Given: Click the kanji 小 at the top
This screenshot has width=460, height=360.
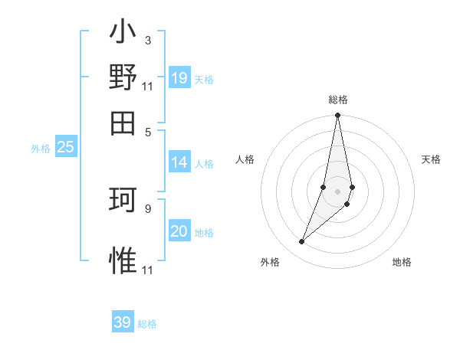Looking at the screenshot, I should coord(123,33).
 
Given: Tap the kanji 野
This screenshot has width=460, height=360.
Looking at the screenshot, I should coord(123,77).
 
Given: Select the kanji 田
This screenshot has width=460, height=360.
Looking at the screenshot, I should coord(123,123).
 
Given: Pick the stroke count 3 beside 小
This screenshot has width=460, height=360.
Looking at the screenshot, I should coord(147,40).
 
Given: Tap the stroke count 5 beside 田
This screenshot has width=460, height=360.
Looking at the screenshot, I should coord(148,130).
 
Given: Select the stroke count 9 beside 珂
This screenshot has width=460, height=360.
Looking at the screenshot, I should coord(147,208).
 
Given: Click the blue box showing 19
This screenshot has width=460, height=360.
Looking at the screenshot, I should coord(179,77).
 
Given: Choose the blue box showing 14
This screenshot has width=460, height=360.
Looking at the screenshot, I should coord(179,162).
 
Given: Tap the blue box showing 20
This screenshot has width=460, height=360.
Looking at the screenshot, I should coord(179,231).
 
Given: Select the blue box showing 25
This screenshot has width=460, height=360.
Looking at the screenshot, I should coord(65,147).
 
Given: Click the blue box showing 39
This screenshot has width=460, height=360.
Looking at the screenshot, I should coord(123,322).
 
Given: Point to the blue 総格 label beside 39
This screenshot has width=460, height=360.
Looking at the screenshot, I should coord(147,324).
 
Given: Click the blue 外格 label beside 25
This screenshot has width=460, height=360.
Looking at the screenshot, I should coord(41,149).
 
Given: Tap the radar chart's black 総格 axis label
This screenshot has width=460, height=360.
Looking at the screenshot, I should coord(337,100).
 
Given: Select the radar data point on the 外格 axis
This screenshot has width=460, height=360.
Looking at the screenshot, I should coord(302,242).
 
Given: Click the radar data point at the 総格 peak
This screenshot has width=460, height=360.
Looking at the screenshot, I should coord(337,116).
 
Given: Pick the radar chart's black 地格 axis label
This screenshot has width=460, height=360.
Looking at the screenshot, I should coord(402,262).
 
